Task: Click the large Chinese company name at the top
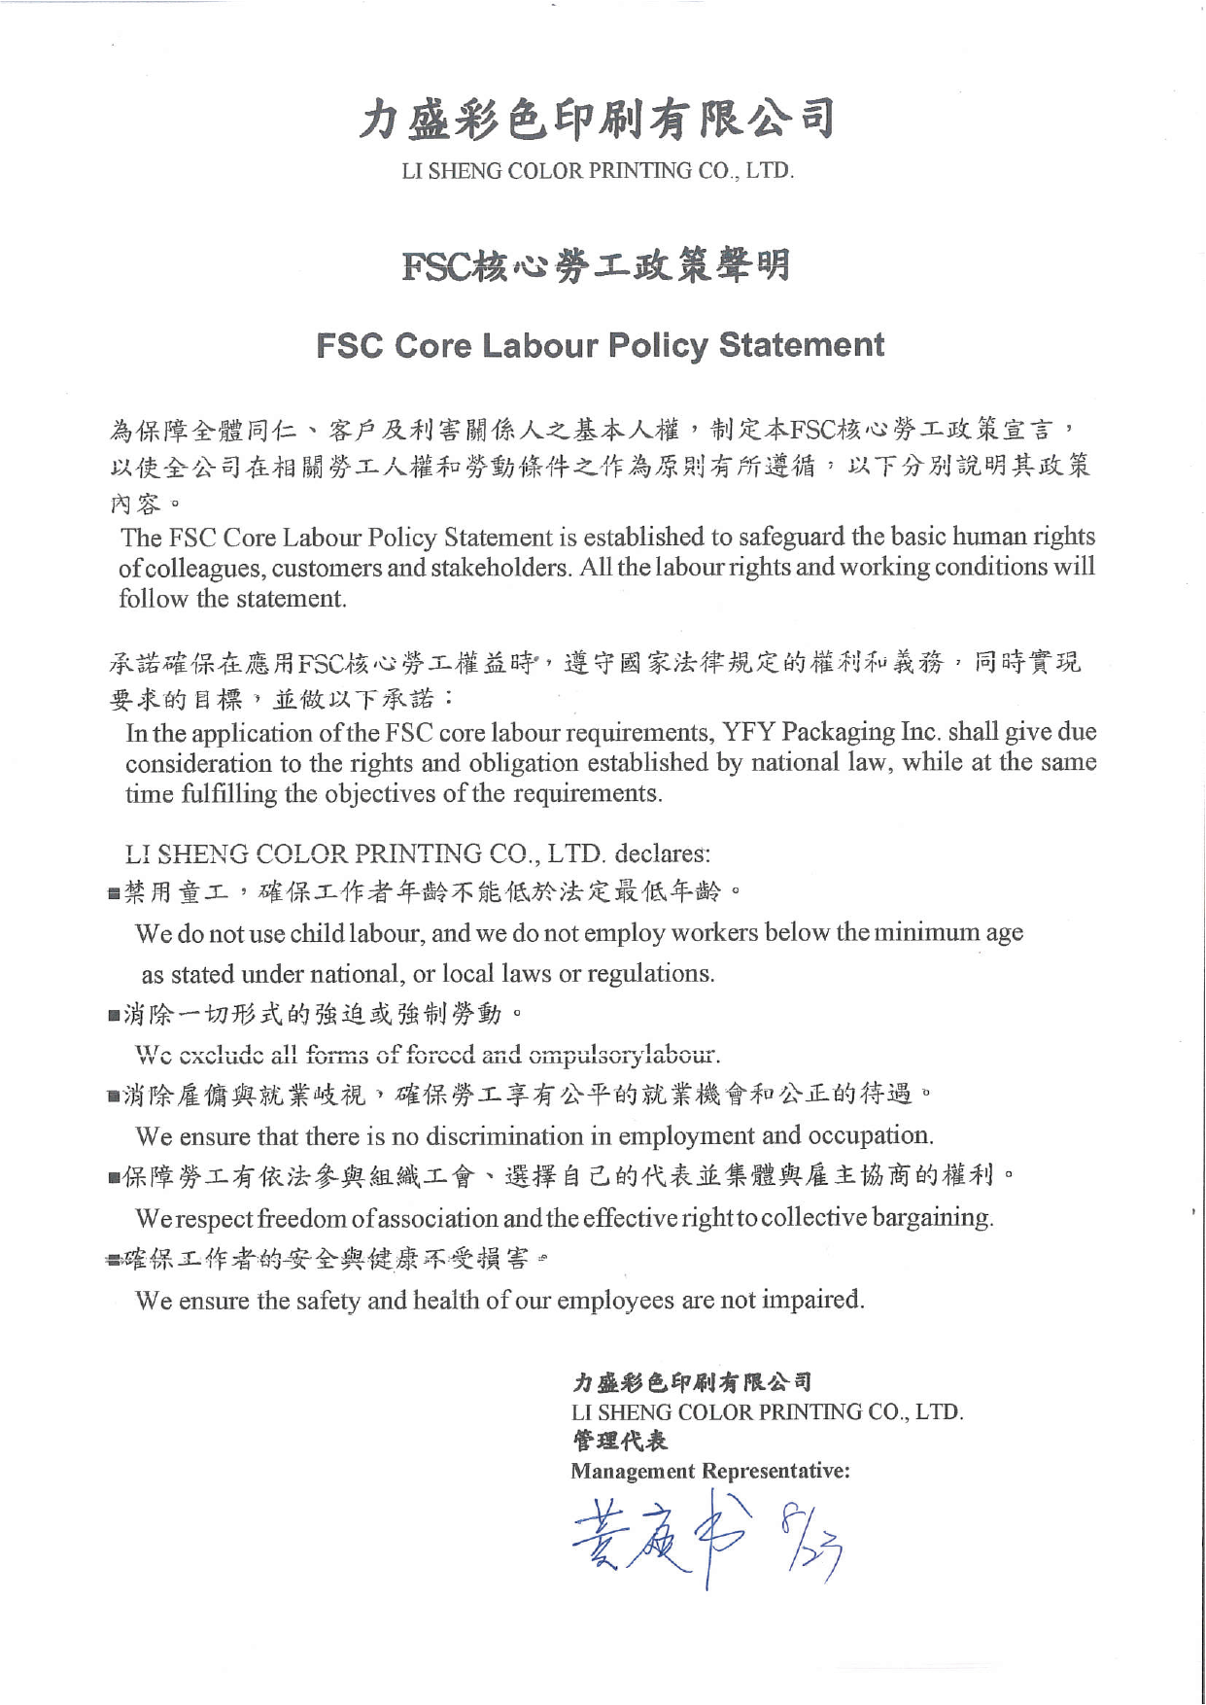pos(597,120)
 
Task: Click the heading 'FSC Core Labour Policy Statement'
pos(600,345)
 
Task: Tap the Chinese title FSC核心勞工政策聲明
pos(596,265)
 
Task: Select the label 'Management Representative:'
pos(710,1471)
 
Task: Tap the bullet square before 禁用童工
pos(115,892)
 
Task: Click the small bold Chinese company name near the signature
pos(691,1381)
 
